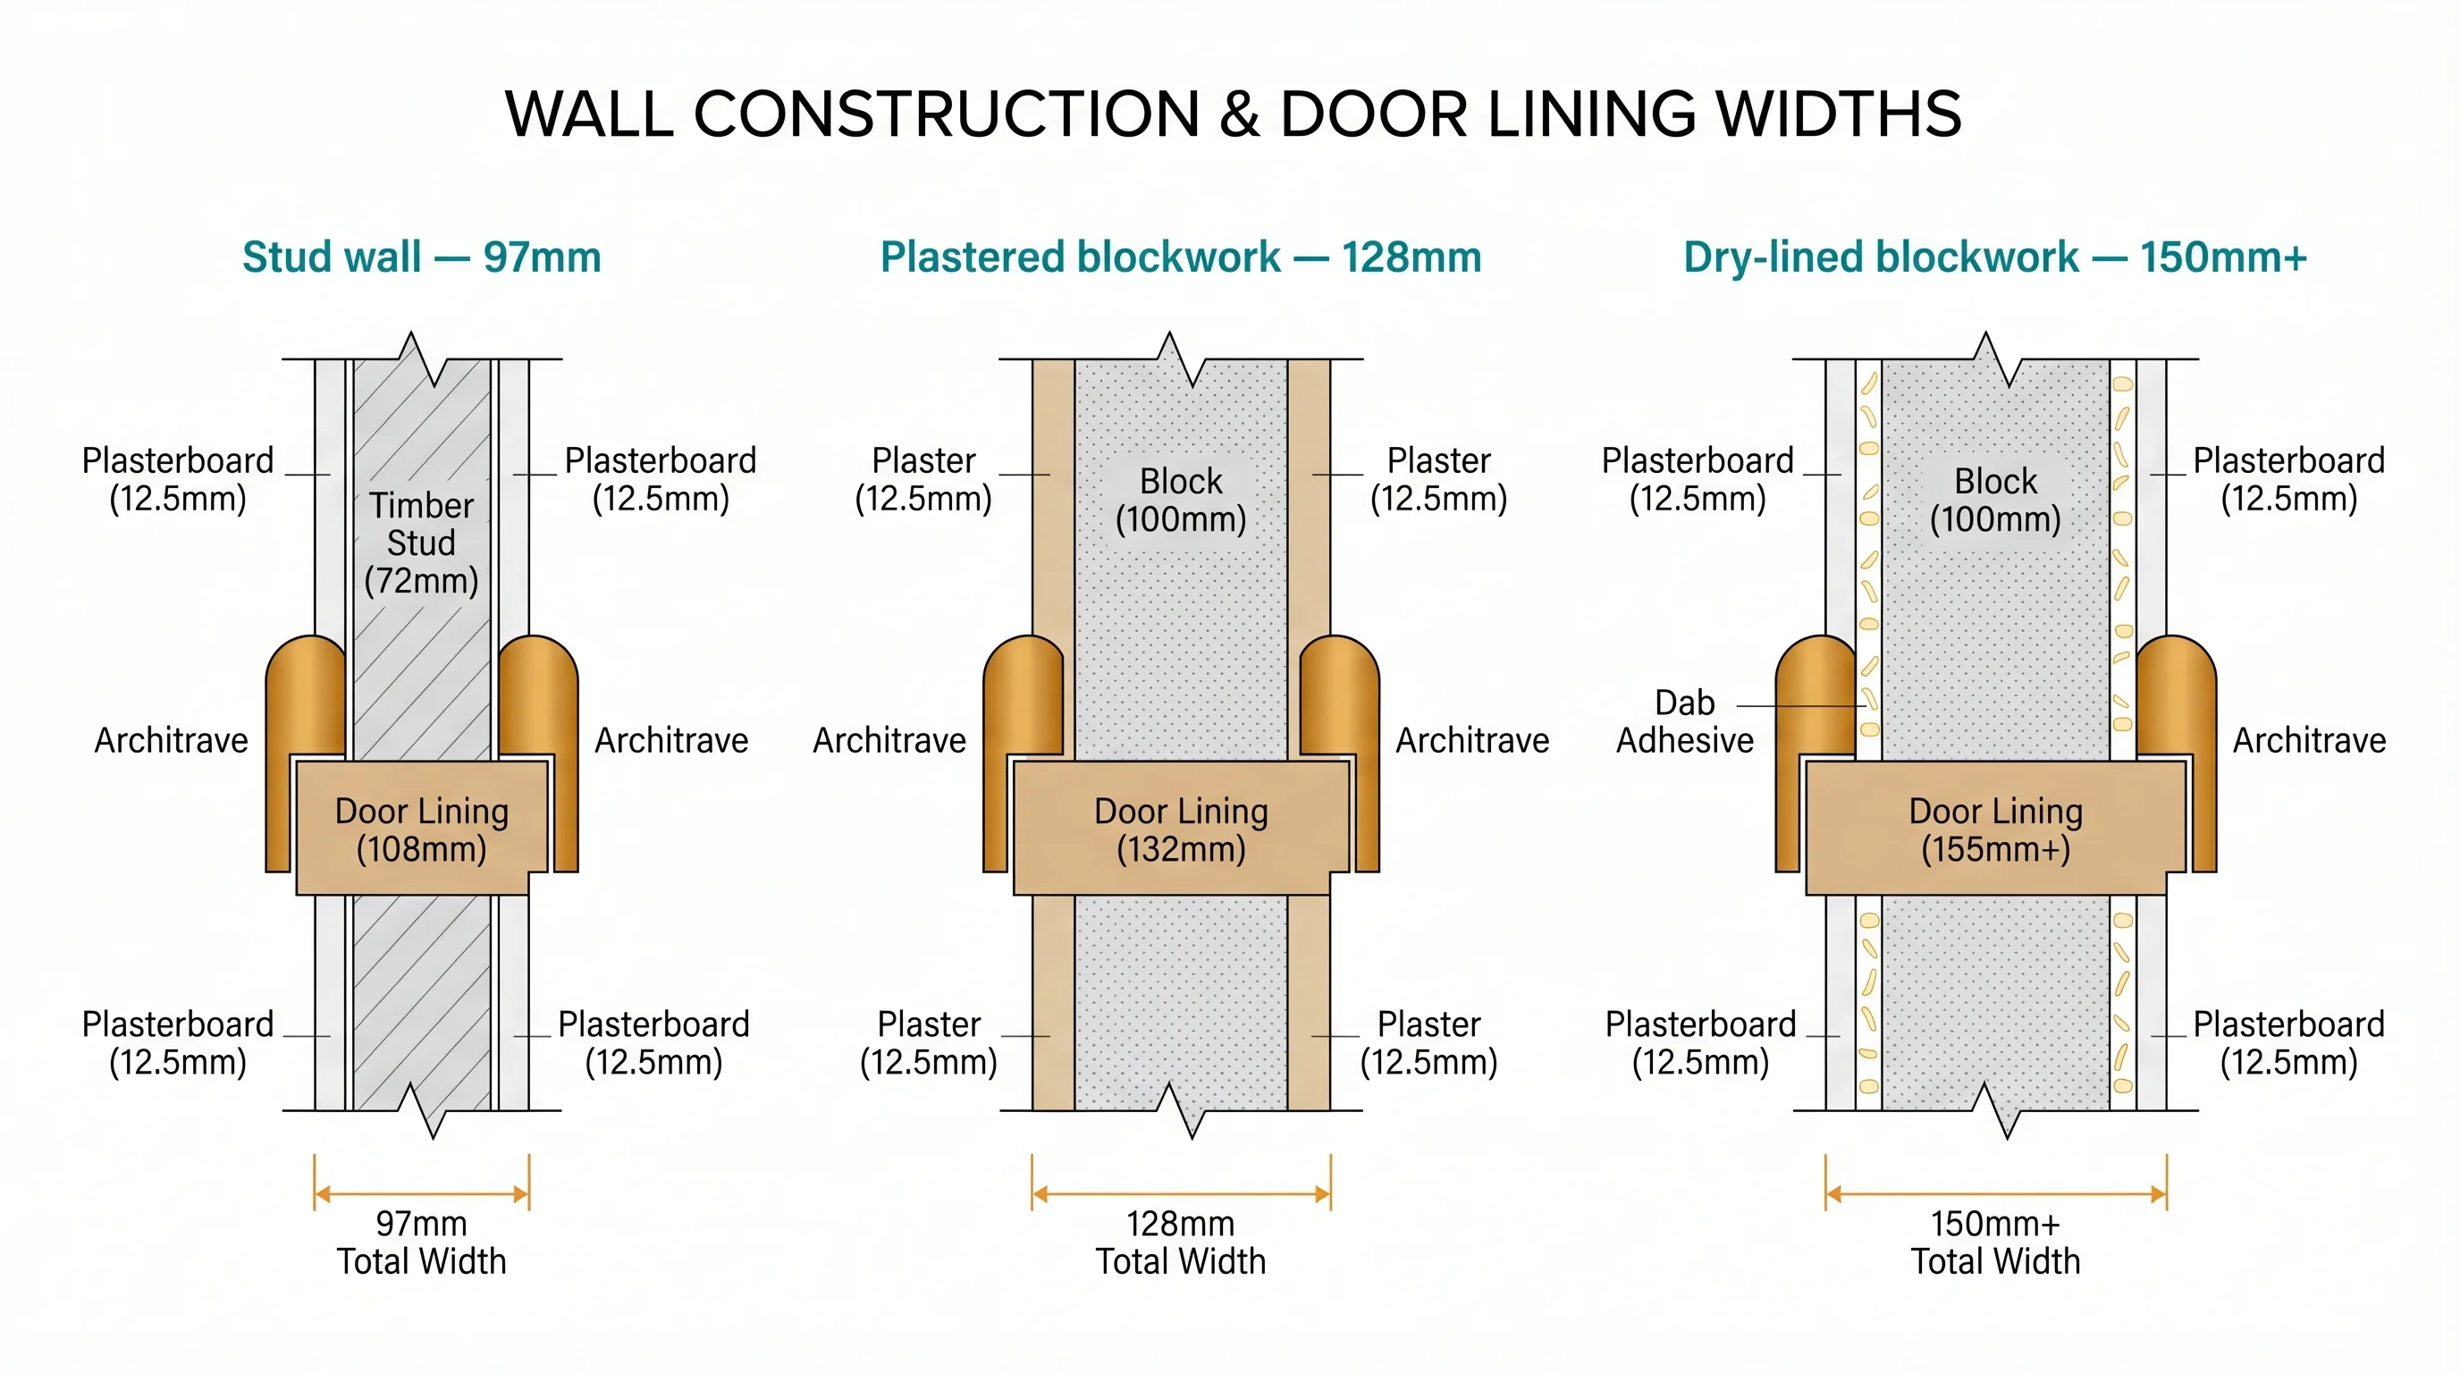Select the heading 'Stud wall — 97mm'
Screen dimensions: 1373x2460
click(x=421, y=257)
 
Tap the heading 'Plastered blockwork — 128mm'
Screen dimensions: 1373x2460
click(x=1180, y=257)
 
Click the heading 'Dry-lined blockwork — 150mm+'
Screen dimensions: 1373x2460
click(x=1995, y=257)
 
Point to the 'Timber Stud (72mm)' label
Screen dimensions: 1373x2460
click(x=421, y=543)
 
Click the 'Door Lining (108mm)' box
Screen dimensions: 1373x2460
click(x=421, y=829)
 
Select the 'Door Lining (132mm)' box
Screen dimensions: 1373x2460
click(x=1180, y=829)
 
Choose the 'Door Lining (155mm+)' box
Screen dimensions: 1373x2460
click(x=1995, y=829)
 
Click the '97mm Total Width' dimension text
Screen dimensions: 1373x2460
click(x=421, y=1242)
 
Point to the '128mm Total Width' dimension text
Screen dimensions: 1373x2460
click(x=1180, y=1242)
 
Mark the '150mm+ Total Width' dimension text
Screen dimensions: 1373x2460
click(x=1995, y=1242)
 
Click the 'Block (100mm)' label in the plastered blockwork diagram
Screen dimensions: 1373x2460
click(x=1180, y=501)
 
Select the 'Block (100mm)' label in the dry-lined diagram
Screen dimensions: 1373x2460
click(x=1995, y=501)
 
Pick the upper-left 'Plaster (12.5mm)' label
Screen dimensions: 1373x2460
click(x=923, y=479)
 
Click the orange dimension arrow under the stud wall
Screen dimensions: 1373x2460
click(x=421, y=1193)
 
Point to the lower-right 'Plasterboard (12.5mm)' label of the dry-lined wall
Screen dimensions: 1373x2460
click(x=2288, y=1042)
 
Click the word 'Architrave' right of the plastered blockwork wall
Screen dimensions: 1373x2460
click(x=1471, y=740)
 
